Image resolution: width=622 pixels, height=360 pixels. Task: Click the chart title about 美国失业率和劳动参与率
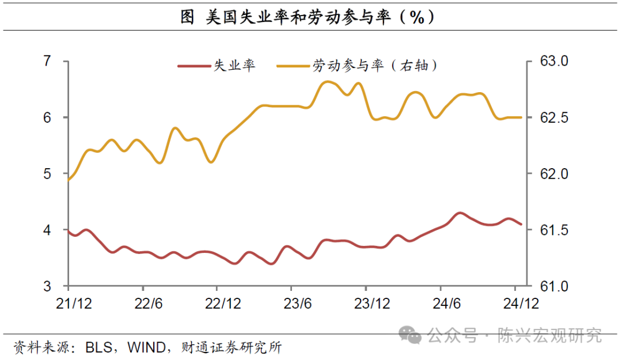pos(308,18)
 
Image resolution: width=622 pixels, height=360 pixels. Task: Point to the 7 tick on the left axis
pos(47,61)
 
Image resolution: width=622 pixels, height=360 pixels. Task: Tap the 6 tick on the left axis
pos(47,118)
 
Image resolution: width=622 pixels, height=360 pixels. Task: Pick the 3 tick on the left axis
pos(47,286)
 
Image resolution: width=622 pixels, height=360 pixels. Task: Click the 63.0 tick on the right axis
pos(553,61)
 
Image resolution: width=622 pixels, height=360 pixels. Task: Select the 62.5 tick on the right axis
pos(553,118)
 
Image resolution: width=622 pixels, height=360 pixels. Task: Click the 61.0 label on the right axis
pos(553,286)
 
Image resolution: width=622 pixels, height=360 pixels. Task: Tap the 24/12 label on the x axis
pos(521,304)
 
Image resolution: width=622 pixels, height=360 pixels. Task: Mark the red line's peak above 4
pos(459,213)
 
